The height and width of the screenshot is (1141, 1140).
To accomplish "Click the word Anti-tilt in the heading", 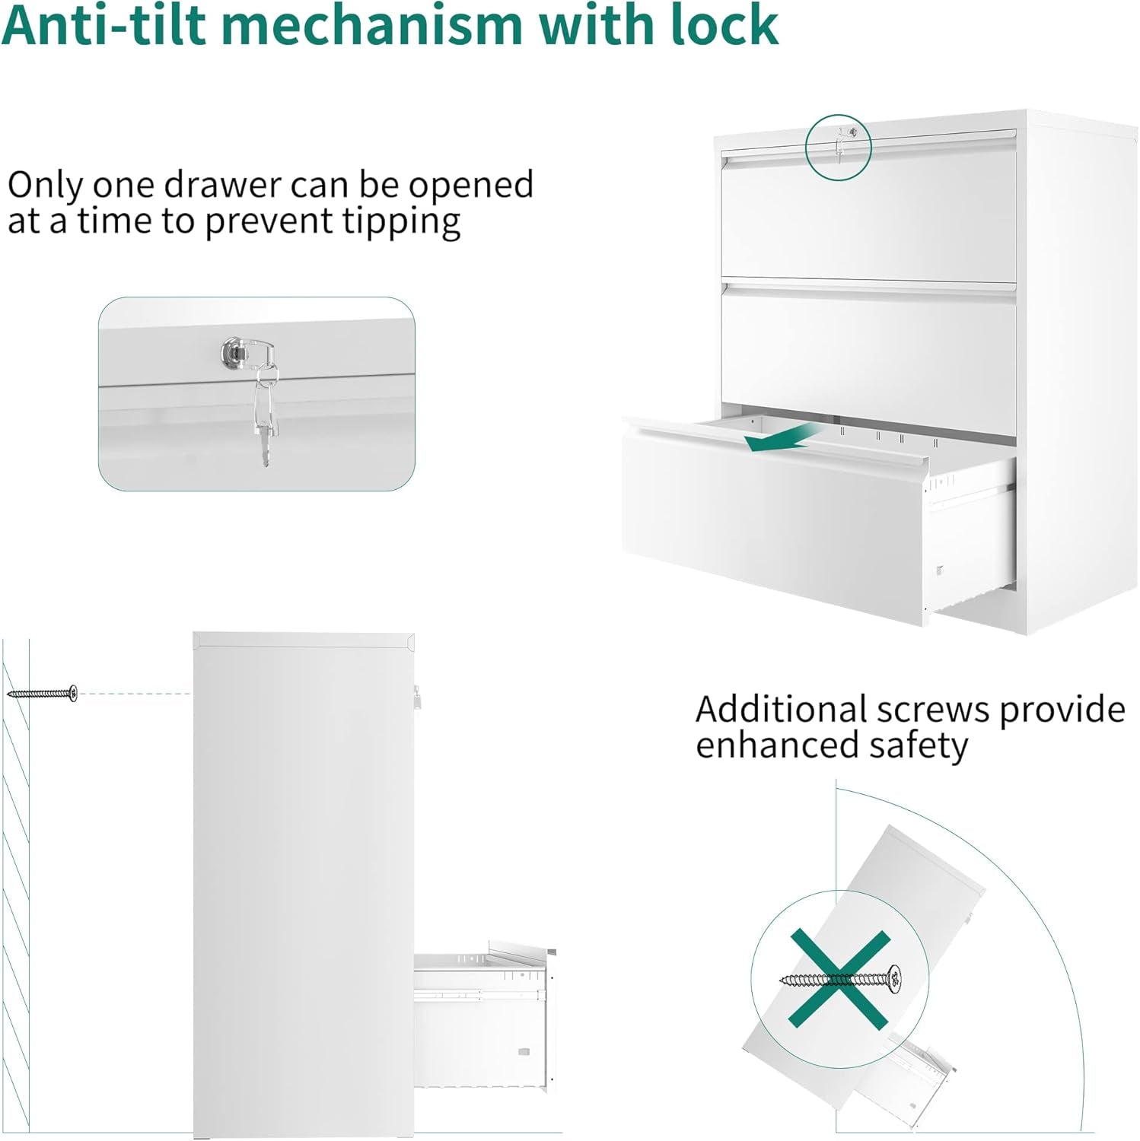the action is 105,24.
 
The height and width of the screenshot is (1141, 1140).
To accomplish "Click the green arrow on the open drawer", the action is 783,437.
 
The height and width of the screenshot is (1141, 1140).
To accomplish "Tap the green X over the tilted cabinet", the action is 839,977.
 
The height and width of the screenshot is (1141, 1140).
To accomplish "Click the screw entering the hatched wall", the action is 43,692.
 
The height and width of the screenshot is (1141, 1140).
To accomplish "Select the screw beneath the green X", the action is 840,977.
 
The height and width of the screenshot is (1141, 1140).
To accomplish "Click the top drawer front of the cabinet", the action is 868,216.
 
